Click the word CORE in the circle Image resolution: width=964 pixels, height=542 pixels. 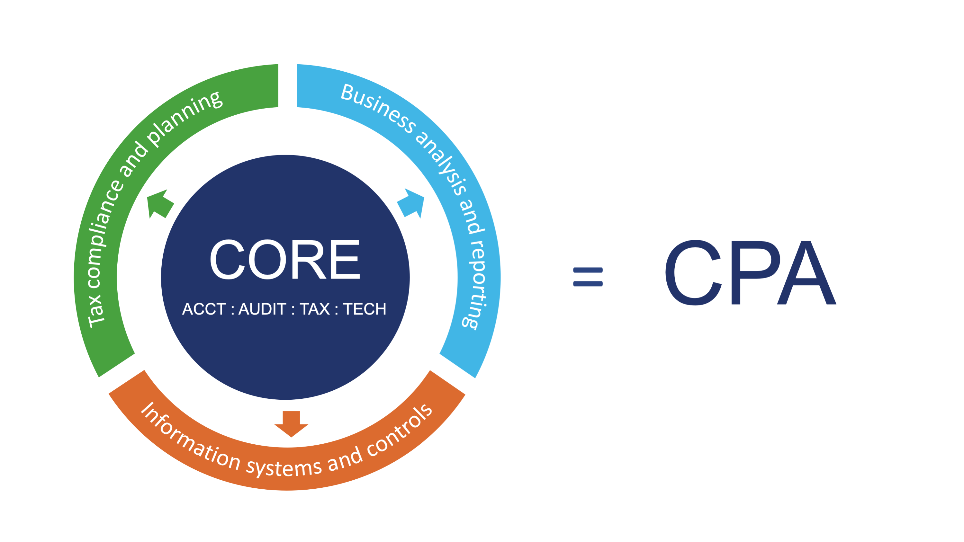pyautogui.click(x=285, y=260)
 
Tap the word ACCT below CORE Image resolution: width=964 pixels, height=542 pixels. pyautogui.click(x=204, y=309)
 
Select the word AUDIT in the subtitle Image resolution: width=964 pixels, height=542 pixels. pyautogui.click(x=262, y=309)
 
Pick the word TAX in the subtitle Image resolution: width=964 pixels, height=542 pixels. pyautogui.click(x=315, y=309)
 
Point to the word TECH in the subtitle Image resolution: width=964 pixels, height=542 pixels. pyautogui.click(x=365, y=309)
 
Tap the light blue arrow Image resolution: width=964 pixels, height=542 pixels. pyautogui.click(x=412, y=203)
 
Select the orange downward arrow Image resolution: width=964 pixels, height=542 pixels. pyautogui.click(x=291, y=424)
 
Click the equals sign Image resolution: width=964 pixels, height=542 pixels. pyautogui.click(x=588, y=277)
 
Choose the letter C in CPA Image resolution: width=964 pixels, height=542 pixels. pyautogui.click(x=693, y=273)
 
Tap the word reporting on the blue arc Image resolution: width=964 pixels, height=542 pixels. pyautogui.click(x=476, y=284)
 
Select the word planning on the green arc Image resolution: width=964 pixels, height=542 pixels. pyautogui.click(x=185, y=118)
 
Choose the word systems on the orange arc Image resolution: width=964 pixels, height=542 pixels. pyautogui.click(x=284, y=467)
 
